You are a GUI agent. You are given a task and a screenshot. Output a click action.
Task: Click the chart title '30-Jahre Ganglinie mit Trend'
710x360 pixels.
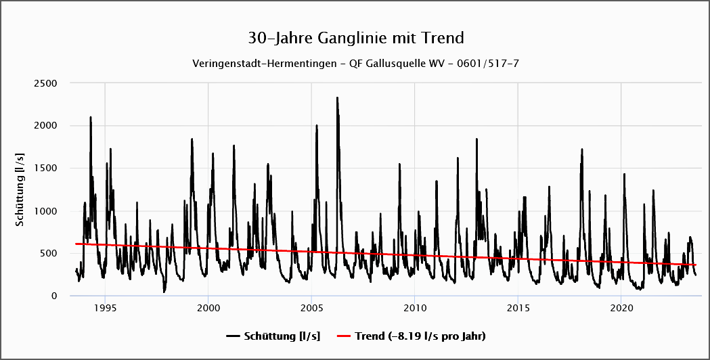355,37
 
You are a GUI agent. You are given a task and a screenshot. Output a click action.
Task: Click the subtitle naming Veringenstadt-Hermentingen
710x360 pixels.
355,63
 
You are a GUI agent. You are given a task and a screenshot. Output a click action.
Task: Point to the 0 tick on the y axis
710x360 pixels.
53,296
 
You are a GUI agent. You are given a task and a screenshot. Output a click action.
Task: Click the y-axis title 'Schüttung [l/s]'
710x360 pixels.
21,189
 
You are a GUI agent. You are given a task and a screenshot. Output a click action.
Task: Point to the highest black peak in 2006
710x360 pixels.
337,97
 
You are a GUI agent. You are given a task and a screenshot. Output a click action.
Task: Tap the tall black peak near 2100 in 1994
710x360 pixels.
91,117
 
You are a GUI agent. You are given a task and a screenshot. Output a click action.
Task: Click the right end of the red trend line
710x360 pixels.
695,265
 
